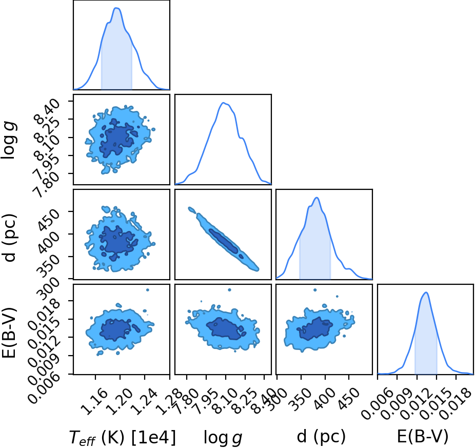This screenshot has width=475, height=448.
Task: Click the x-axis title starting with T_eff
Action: click(x=123, y=437)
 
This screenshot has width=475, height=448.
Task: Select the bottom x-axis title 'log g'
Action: click(x=223, y=438)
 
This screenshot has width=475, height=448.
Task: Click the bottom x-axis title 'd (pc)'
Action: click(x=322, y=437)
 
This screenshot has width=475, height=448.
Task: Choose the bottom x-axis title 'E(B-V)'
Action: click(x=422, y=437)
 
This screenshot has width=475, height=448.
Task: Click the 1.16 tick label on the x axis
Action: click(x=95, y=402)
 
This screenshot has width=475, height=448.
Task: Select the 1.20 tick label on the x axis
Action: click(x=120, y=402)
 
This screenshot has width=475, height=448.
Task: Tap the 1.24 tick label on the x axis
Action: click(x=145, y=402)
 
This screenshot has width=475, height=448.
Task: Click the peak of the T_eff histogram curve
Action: click(x=117, y=8)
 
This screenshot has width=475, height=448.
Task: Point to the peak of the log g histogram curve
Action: click(x=223, y=103)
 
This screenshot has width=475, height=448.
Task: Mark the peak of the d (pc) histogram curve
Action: click(x=317, y=198)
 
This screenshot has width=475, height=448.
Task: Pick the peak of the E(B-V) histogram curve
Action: click(x=426, y=293)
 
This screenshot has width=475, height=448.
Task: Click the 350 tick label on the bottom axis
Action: click(x=299, y=398)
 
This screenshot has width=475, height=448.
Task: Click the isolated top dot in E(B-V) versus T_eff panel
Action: click(x=148, y=290)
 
